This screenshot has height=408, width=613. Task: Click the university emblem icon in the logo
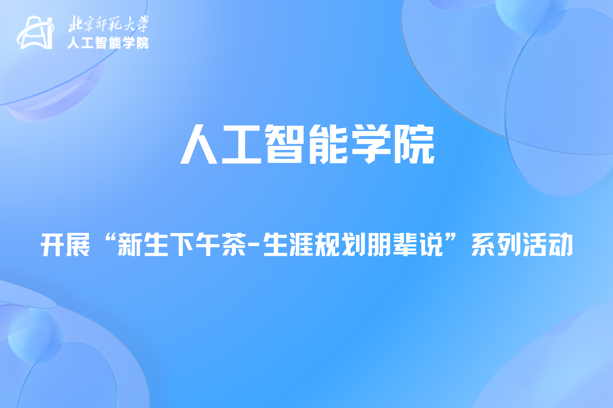click(35, 32)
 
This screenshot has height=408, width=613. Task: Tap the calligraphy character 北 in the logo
click(75, 24)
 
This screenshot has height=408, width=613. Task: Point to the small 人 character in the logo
click(74, 43)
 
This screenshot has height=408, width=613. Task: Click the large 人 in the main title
click(199, 144)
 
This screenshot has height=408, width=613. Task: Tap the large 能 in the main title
click(328, 144)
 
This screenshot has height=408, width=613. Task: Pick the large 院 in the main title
click(415, 144)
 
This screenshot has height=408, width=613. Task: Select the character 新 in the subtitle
click(130, 245)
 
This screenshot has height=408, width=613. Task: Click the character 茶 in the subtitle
click(234, 245)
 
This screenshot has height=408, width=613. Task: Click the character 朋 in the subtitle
click(379, 245)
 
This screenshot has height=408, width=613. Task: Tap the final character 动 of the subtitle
click(561, 245)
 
